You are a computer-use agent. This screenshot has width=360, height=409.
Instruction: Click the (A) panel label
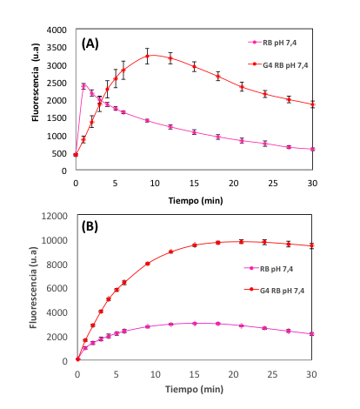click(90, 44)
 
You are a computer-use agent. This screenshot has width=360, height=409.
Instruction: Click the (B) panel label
click(90, 226)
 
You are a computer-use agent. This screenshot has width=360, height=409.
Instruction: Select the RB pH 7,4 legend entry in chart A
click(272, 43)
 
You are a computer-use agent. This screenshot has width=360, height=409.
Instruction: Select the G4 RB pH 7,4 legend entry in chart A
click(278, 65)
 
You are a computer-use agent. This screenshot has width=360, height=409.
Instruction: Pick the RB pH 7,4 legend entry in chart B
click(269, 269)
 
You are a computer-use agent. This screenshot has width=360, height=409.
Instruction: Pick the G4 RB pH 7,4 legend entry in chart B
click(274, 291)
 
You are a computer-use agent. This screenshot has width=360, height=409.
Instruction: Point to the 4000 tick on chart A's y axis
click(57, 30)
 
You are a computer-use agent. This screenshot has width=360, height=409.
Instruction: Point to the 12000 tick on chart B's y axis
click(55, 216)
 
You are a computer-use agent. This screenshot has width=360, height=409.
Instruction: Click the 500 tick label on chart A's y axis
click(59, 153)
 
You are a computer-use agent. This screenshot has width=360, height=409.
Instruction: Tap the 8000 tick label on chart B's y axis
click(57, 265)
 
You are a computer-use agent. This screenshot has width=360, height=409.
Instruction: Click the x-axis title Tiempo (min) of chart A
click(196, 200)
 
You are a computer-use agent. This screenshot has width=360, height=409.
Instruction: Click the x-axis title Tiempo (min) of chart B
click(194, 389)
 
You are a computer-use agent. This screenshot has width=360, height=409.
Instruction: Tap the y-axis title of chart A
click(36, 83)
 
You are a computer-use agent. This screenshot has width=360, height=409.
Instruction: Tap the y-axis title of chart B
click(33, 288)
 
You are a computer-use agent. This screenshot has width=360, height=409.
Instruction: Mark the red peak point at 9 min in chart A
click(147, 56)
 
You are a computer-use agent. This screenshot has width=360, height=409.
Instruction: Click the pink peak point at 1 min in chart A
click(83, 86)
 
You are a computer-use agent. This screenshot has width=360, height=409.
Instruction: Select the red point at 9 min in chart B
click(148, 264)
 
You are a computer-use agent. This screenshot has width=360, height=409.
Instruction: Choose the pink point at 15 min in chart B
click(195, 323)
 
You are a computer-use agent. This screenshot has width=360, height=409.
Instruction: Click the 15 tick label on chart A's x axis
click(194, 184)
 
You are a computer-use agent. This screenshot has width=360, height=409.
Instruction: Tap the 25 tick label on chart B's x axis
click(272, 374)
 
